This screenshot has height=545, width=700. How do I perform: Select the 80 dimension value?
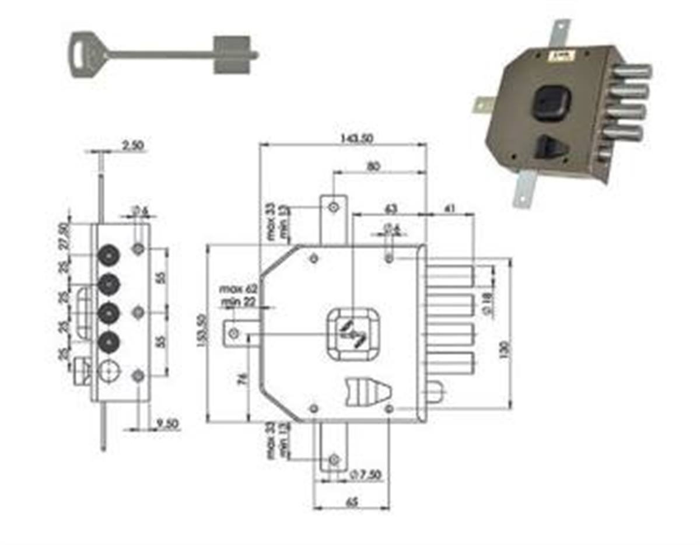pos(374,166)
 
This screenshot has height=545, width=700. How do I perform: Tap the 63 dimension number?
pos(390,207)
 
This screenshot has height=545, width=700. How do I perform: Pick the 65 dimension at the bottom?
pos(351,501)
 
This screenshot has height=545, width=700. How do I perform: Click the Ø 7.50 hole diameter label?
pos(366,475)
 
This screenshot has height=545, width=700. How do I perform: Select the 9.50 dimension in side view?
pos(167,423)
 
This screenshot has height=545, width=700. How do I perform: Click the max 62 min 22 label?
pos(239,295)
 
